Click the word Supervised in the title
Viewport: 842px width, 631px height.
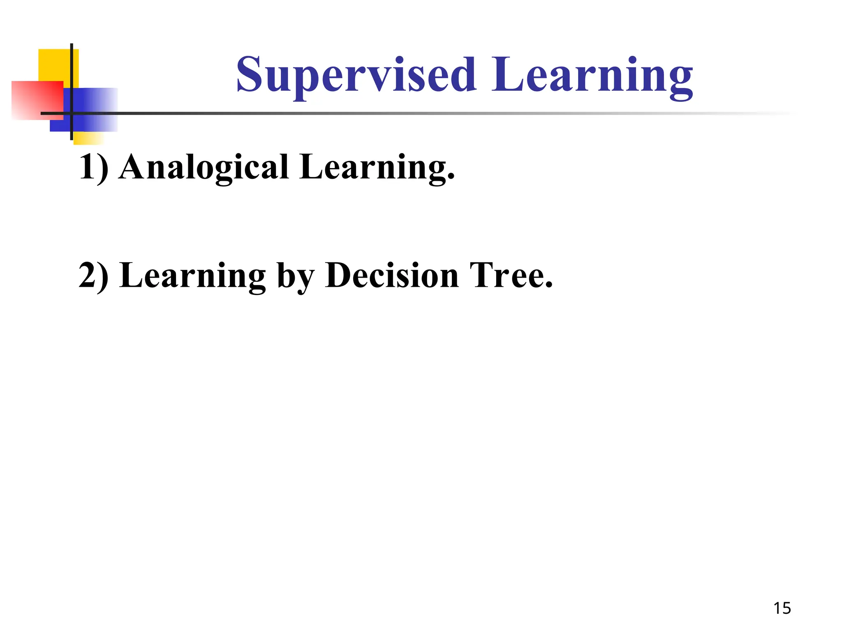356,76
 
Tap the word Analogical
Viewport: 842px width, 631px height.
204,168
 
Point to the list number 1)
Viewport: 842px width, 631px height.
93,168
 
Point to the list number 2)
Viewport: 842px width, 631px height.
93,276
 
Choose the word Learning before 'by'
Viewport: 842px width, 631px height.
193,276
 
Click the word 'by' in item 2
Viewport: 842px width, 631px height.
296,277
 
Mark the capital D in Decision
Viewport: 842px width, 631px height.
340,275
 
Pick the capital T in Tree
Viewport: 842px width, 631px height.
481,275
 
